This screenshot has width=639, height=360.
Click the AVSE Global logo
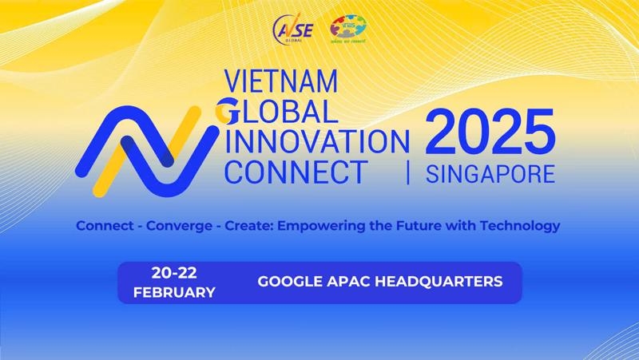(x=294, y=30)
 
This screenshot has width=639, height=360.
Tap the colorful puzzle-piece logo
(x=347, y=30)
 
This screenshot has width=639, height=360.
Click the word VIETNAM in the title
(x=282, y=81)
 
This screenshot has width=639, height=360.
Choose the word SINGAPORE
(x=490, y=173)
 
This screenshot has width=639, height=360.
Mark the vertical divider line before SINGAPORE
(x=409, y=172)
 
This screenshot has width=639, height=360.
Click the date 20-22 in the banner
(x=174, y=272)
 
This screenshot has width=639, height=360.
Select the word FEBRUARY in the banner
(x=174, y=292)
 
